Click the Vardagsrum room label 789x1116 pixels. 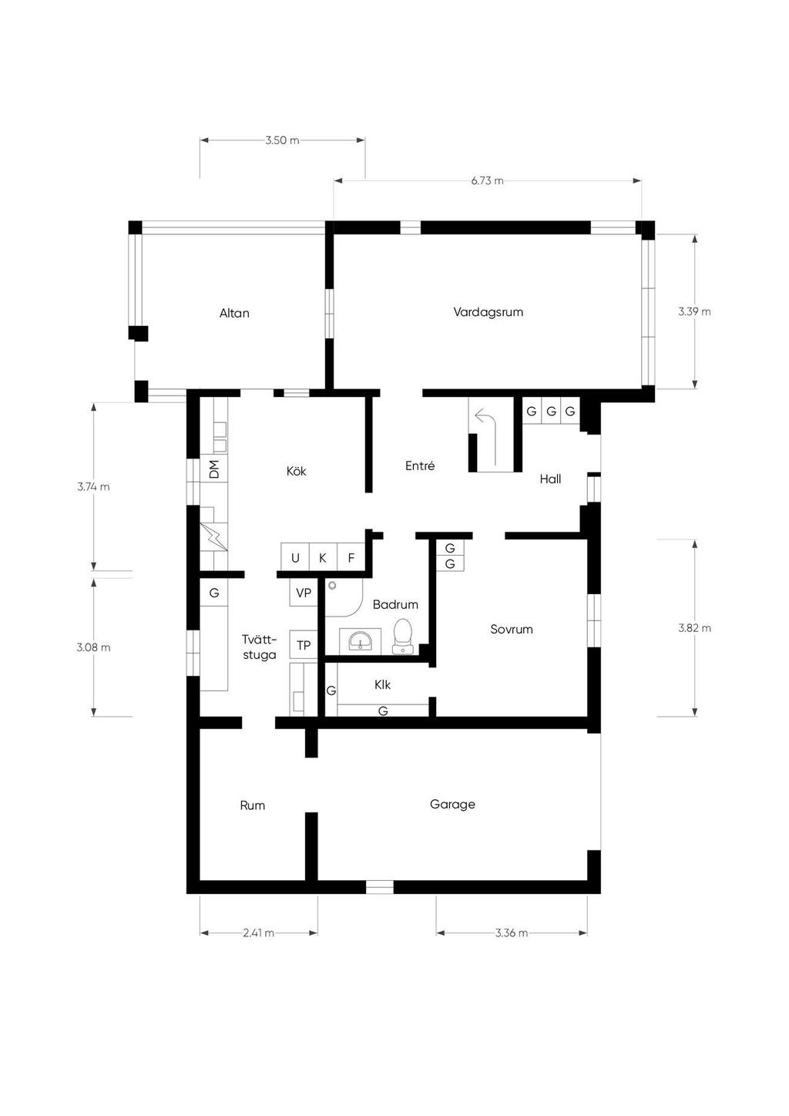click(489, 312)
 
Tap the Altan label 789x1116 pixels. click(234, 314)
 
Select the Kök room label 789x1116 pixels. click(297, 471)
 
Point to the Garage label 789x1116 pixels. click(452, 805)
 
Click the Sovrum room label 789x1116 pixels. click(512, 629)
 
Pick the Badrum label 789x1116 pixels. click(395, 605)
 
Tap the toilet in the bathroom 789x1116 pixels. click(402, 636)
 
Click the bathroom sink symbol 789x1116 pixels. click(360, 640)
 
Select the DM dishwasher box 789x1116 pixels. click(213, 469)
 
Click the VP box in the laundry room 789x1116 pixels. click(304, 593)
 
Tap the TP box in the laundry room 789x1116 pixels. click(304, 645)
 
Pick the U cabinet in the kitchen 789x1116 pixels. click(295, 557)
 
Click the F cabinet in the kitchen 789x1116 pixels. click(351, 557)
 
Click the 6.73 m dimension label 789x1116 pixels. click(487, 181)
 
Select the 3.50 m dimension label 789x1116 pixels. click(283, 140)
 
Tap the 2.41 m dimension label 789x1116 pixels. click(259, 933)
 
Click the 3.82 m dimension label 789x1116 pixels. click(694, 628)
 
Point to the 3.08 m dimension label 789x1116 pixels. click(94, 647)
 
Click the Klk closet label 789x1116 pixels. click(382, 685)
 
